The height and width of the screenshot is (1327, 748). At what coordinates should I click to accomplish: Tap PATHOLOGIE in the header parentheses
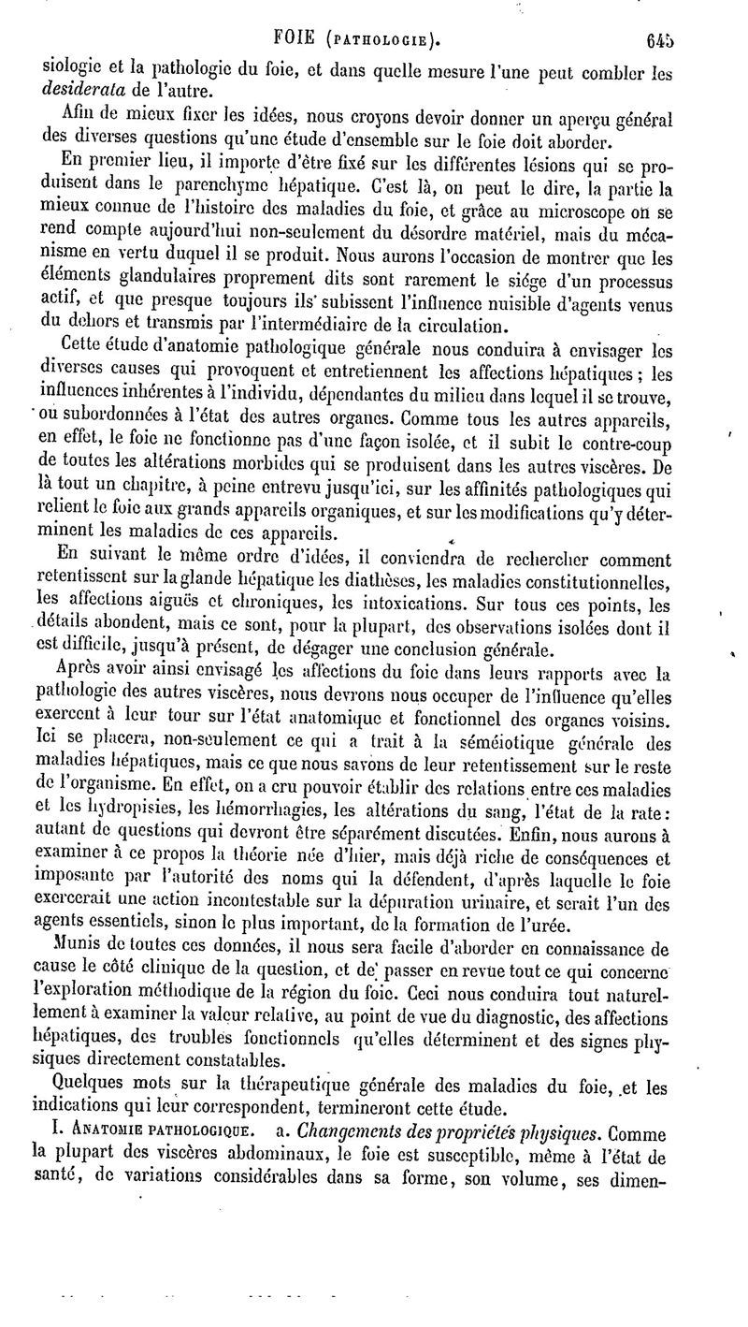[x=380, y=41]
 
